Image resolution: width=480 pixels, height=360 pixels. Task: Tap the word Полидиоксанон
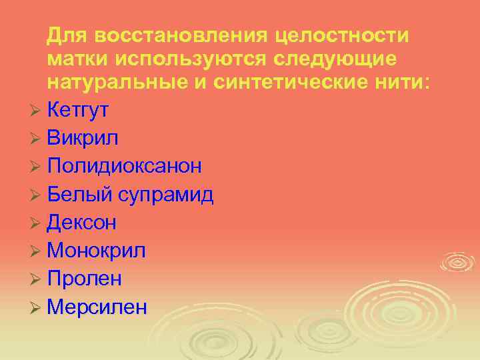tap(125, 167)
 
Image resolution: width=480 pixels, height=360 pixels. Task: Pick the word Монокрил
tap(97, 251)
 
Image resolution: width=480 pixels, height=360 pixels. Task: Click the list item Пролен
tap(85, 279)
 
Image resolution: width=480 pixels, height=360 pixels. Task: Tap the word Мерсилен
tap(97, 307)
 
